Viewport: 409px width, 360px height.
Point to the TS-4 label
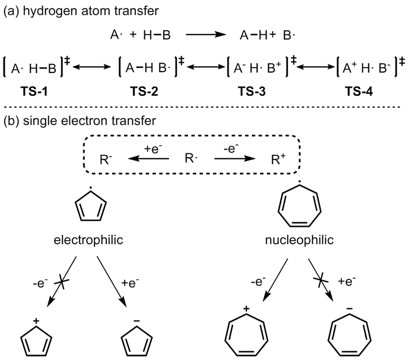(362, 92)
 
